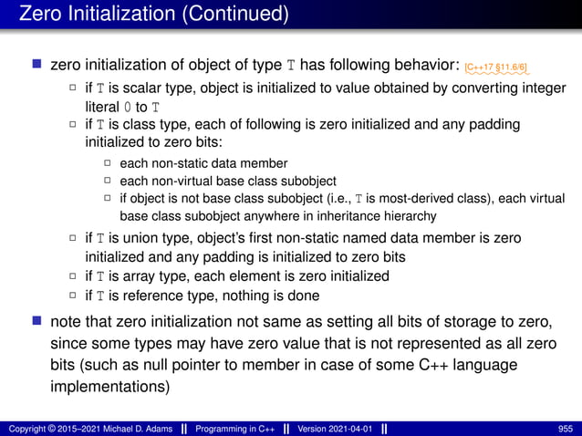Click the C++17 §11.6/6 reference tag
498,67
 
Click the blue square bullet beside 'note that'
36,321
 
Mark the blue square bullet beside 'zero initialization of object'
36,66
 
